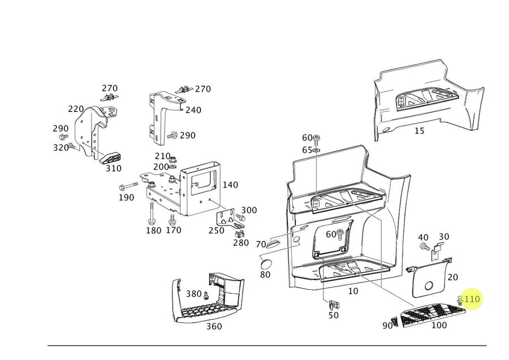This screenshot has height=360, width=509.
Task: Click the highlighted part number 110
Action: [472, 299]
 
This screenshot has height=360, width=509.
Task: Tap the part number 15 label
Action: [419, 131]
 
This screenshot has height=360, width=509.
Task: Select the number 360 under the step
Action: [214, 326]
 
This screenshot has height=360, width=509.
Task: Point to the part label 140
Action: [230, 185]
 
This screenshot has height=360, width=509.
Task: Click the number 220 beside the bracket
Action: [76, 109]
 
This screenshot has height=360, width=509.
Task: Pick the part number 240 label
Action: [193, 110]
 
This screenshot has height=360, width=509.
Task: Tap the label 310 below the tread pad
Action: [114, 168]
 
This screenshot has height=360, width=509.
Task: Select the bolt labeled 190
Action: [130, 186]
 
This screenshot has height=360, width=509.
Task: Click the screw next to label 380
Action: [206, 296]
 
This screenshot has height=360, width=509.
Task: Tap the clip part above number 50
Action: [332, 304]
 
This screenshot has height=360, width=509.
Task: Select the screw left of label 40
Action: [424, 247]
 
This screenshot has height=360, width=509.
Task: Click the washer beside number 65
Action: [316, 150]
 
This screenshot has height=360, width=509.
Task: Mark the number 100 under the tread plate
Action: [439, 325]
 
